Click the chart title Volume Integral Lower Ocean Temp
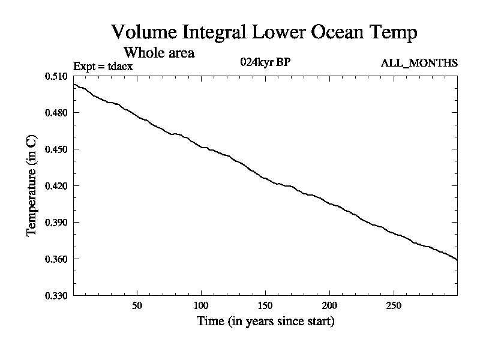tap(264, 32)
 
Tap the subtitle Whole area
tap(158, 52)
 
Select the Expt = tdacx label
tap(103, 66)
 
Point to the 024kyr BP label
tap(265, 62)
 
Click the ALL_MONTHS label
tap(419, 63)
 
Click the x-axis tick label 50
tap(137, 305)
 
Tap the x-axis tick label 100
tap(201, 305)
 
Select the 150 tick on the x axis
tap(265, 305)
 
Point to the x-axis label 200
tap(329, 305)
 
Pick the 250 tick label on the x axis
tap(393, 305)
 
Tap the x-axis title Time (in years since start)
tap(265, 321)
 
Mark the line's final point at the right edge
tap(457, 260)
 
